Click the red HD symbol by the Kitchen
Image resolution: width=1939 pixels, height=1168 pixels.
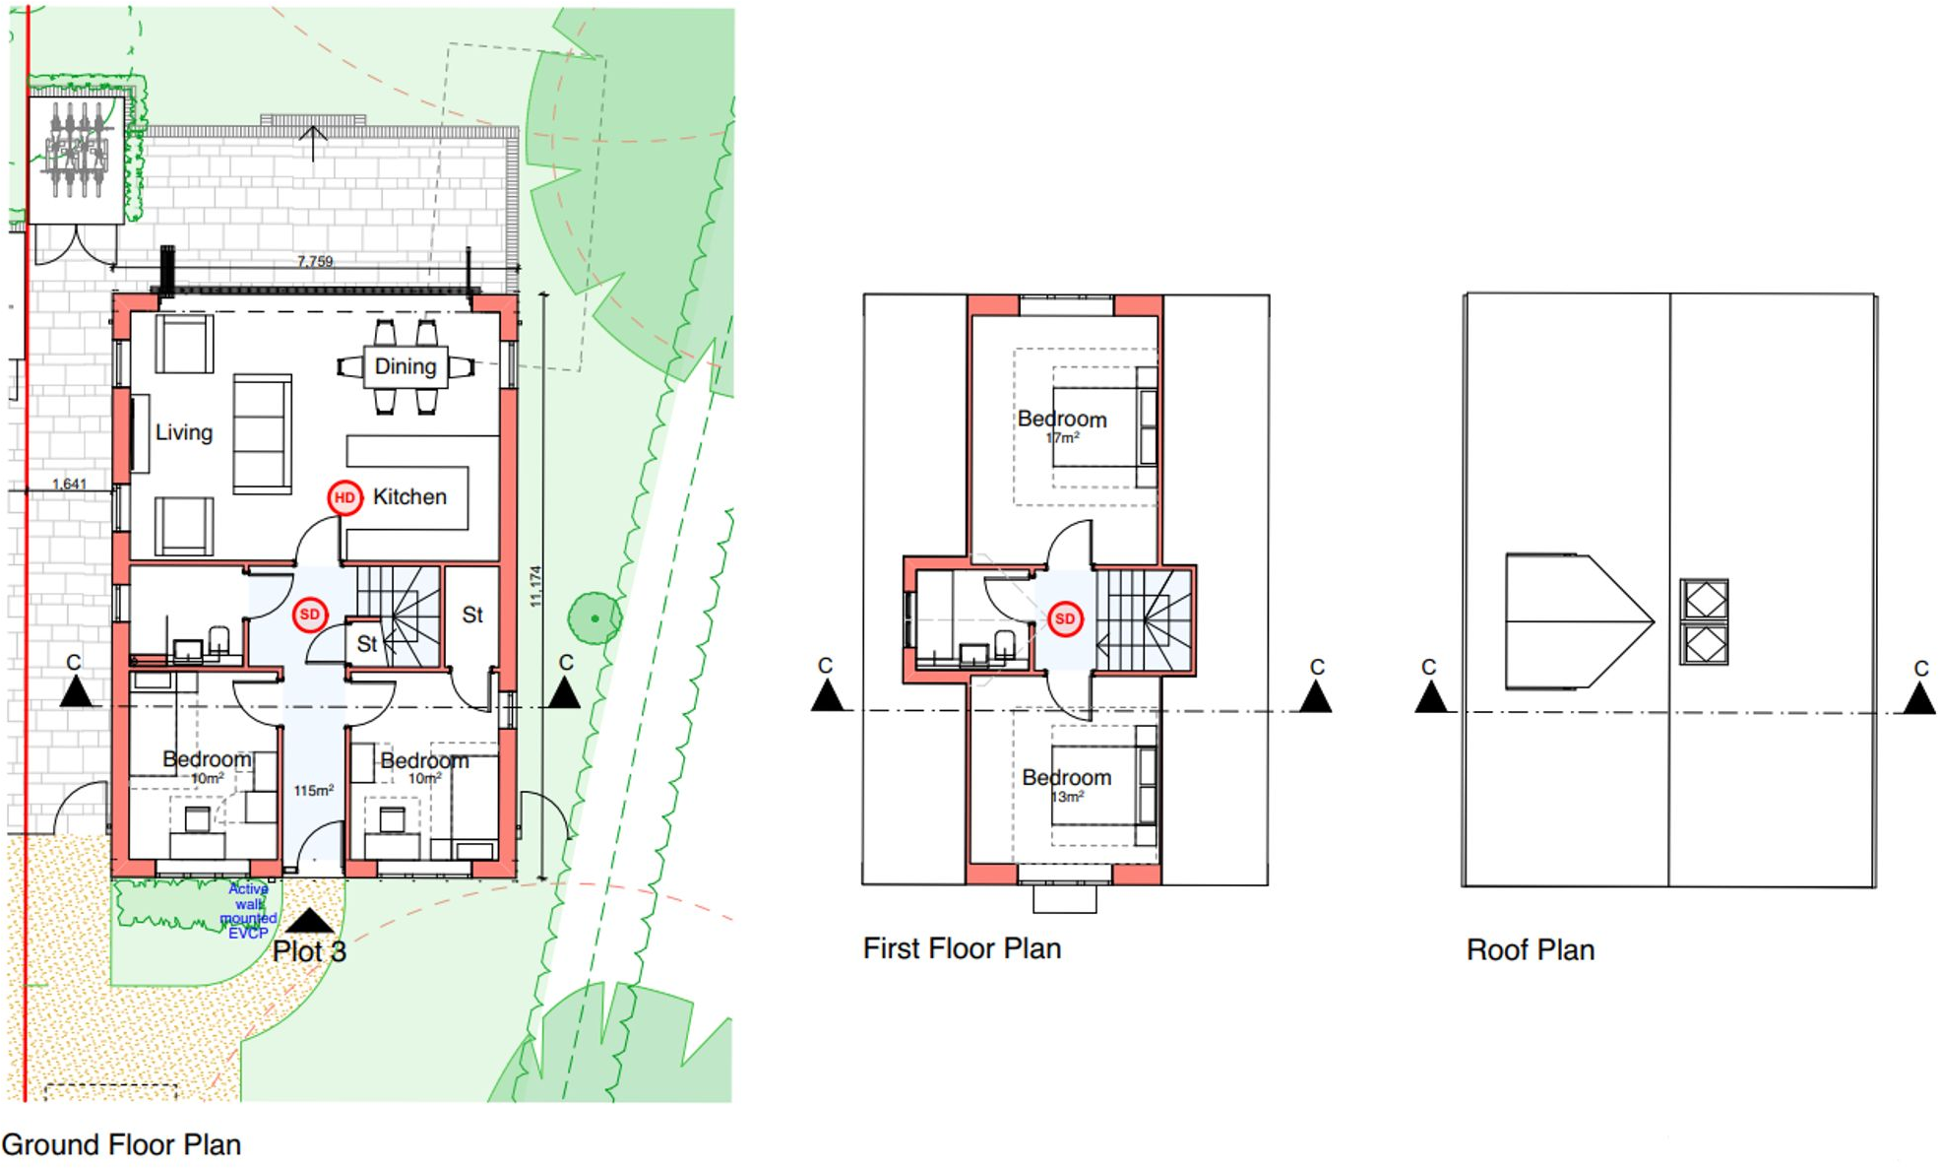[x=344, y=497]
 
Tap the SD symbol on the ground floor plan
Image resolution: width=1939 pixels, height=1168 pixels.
[x=310, y=616]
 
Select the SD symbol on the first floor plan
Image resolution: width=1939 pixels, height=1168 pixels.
[x=1065, y=619]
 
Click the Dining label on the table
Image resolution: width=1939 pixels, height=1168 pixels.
[x=406, y=366]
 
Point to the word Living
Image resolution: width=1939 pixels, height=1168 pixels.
[x=184, y=432]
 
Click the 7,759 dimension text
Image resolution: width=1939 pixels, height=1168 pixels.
[x=315, y=261]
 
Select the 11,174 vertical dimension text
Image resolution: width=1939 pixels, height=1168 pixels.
[x=535, y=586]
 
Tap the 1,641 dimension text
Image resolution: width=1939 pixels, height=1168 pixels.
[x=69, y=484]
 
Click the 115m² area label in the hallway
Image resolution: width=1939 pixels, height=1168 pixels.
[x=313, y=790]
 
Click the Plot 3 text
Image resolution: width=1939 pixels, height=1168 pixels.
[x=309, y=951]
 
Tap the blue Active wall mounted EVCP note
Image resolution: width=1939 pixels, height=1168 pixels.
[x=248, y=911]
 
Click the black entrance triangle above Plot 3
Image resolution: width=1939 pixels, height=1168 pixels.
[x=309, y=921]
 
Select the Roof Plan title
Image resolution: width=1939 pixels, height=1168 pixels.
[x=1530, y=949]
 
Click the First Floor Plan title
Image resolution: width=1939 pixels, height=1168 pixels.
[x=962, y=948]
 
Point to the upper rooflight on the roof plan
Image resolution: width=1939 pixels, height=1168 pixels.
[x=1704, y=599]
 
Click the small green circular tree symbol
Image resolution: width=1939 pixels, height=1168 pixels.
[x=594, y=618]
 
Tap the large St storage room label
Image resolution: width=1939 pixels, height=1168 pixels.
[x=472, y=615]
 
